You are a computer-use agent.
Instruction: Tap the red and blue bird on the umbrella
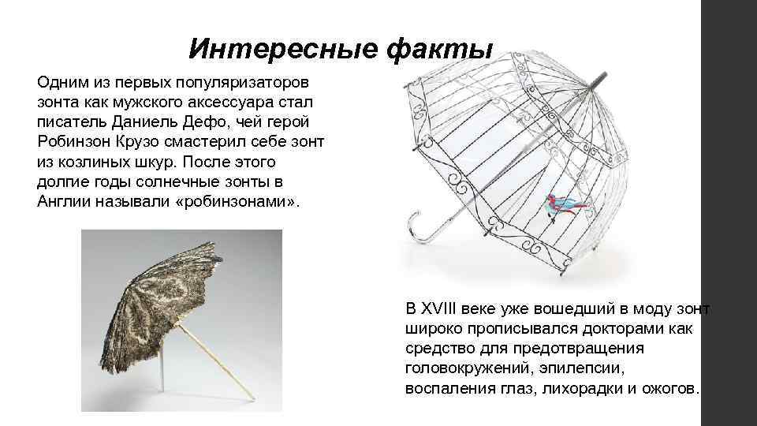point(565,204)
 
